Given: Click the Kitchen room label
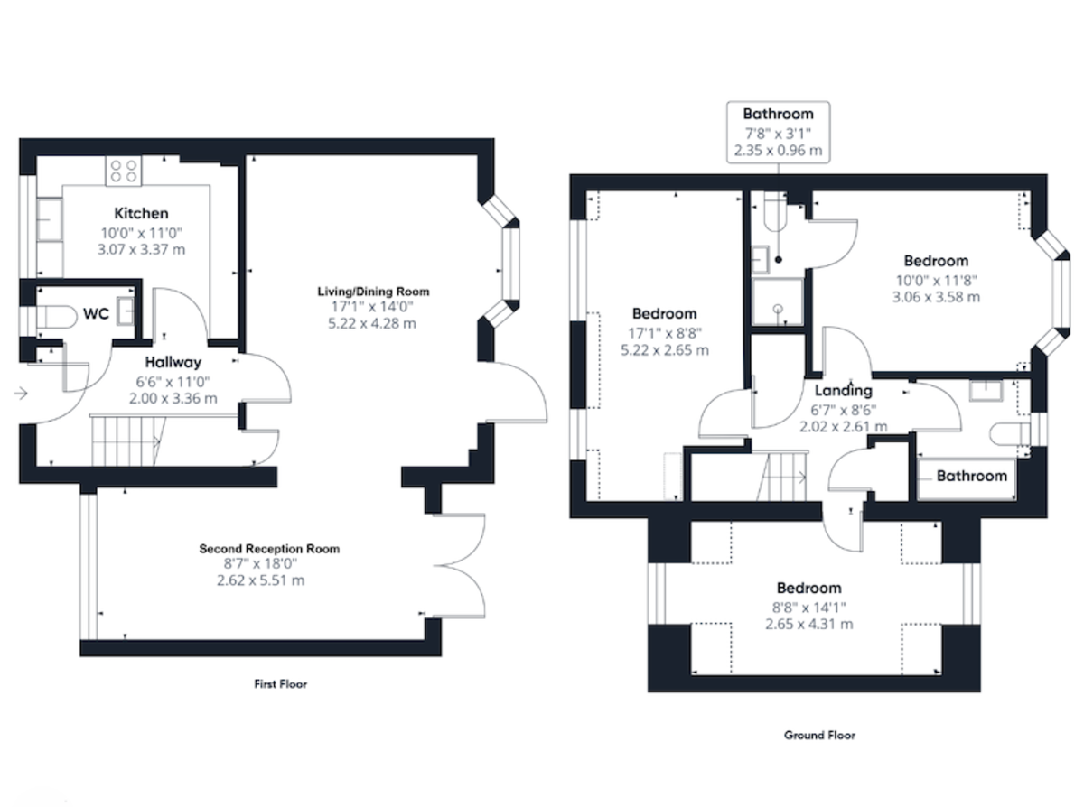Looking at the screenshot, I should click(140, 214).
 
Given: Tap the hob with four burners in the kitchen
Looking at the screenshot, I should click(124, 172).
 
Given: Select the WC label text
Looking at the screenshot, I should click(97, 314).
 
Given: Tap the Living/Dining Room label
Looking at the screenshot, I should click(372, 292).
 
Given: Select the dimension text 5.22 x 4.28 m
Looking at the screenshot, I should click(372, 323).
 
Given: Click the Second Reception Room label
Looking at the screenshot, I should click(269, 548).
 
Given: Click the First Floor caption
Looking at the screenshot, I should click(280, 684).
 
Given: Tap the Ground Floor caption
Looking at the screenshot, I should click(819, 735).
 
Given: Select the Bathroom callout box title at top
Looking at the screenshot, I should click(778, 114).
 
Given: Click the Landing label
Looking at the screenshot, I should click(843, 391).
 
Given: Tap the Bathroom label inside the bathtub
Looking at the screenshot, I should click(970, 476).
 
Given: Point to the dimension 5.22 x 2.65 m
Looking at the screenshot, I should click(664, 349).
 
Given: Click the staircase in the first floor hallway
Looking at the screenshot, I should click(126, 441).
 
